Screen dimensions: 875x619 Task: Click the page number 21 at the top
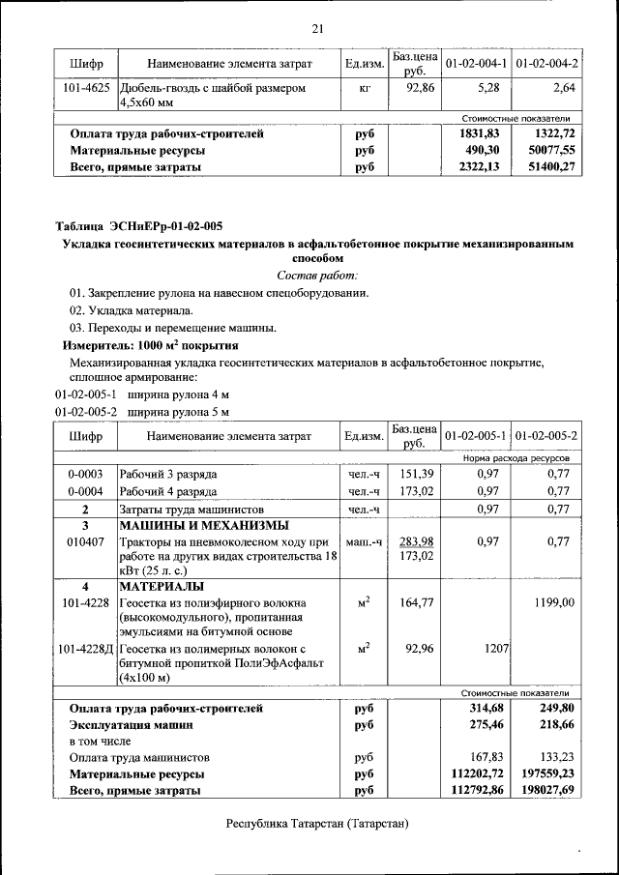click(316, 28)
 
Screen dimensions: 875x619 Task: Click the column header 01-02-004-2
click(546, 64)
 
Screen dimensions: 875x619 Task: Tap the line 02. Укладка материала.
click(131, 310)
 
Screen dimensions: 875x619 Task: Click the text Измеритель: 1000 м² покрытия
click(150, 345)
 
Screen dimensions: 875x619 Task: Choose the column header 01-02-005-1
click(476, 437)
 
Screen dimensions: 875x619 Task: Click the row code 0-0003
click(86, 475)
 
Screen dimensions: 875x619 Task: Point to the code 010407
click(86, 542)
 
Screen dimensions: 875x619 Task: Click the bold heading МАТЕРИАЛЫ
click(162, 587)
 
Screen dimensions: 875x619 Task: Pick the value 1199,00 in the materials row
click(553, 603)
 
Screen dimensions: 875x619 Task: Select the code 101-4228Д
click(86, 648)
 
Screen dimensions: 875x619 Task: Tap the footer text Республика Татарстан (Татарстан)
click(317, 825)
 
